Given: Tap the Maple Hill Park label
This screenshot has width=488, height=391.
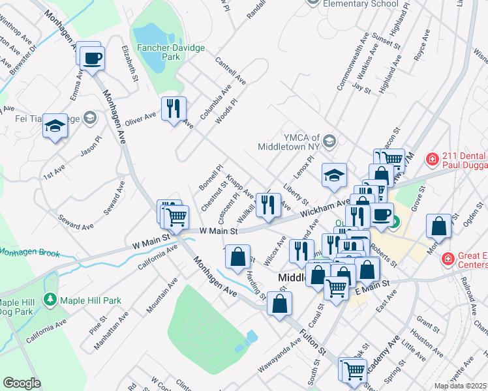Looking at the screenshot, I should click(x=91, y=300).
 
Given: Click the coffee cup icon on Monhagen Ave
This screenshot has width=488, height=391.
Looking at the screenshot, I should click(x=92, y=57).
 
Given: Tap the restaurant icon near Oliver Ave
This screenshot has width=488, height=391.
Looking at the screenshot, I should click(x=174, y=108).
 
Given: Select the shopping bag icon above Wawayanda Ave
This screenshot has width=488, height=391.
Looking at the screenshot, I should click(x=279, y=303).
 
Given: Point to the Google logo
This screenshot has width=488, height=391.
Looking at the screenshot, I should click(x=22, y=383).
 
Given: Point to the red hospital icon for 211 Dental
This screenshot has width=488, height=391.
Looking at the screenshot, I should click(x=431, y=159).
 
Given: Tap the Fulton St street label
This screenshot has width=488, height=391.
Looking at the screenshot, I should click(x=313, y=341).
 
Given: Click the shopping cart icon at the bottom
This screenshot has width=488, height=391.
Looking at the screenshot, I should click(x=354, y=370).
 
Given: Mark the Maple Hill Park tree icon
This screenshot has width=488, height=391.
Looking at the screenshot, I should click(x=50, y=300).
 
